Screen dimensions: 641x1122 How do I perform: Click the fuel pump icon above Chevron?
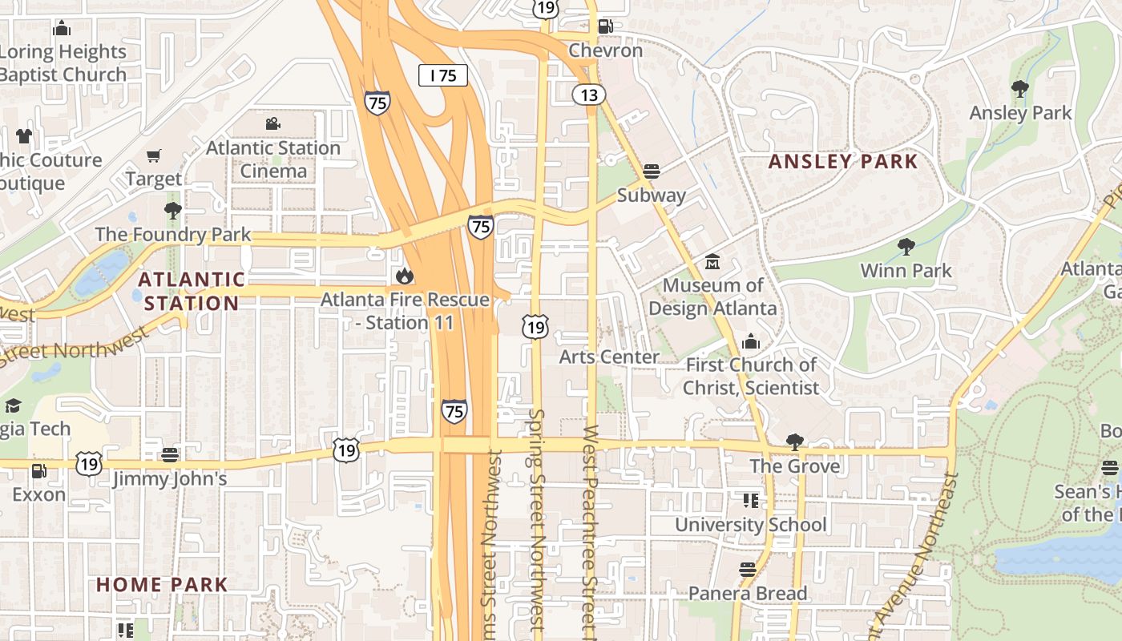click(x=606, y=26)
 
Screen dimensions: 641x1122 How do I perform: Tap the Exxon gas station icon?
click(x=38, y=470)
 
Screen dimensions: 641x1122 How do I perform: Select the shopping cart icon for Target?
click(x=153, y=155)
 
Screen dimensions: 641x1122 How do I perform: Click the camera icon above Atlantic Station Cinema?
click(x=273, y=124)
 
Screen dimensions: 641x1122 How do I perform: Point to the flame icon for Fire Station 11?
click(x=405, y=276)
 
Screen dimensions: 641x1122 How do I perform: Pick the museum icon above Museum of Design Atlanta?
click(x=712, y=262)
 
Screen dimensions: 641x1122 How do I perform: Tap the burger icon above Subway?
click(x=652, y=171)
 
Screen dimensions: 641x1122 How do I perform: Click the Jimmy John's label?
click(x=170, y=479)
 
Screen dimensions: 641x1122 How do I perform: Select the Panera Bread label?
click(x=748, y=593)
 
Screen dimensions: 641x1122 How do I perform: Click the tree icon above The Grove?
click(x=795, y=442)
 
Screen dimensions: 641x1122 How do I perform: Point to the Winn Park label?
click(x=906, y=270)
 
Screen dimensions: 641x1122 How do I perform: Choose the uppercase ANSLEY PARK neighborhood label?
click(x=843, y=161)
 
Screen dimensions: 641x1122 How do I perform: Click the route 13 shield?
click(x=589, y=95)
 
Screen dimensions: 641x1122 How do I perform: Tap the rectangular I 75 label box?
click(x=443, y=75)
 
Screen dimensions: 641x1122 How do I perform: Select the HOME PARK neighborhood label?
click(x=163, y=584)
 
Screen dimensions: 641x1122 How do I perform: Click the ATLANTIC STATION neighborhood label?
click(x=192, y=291)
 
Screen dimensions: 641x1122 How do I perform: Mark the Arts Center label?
click(x=609, y=357)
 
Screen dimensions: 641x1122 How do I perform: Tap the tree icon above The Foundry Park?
click(x=172, y=212)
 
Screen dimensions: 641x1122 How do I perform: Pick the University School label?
click(x=750, y=525)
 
